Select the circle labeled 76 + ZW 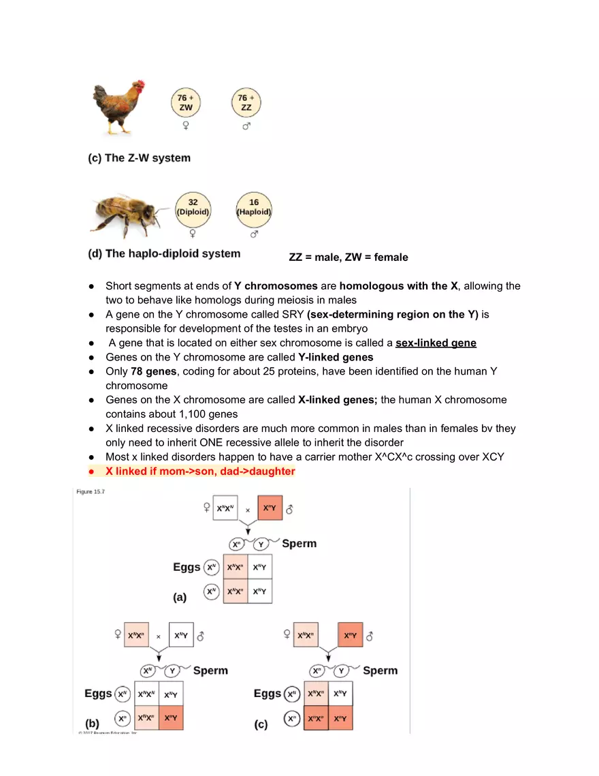point(186,103)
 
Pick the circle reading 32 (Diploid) point(193,207)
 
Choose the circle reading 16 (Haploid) point(254,207)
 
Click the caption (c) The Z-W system point(140,158)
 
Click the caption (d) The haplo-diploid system point(164,254)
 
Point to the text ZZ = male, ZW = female point(349,258)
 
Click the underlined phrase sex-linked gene point(436,343)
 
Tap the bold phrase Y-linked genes point(336,358)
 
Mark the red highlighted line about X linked point(200,471)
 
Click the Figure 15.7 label point(90,493)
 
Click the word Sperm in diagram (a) point(299,544)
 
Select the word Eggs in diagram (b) point(98,694)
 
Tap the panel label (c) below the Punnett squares point(261,724)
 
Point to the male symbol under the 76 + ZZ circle point(246,127)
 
